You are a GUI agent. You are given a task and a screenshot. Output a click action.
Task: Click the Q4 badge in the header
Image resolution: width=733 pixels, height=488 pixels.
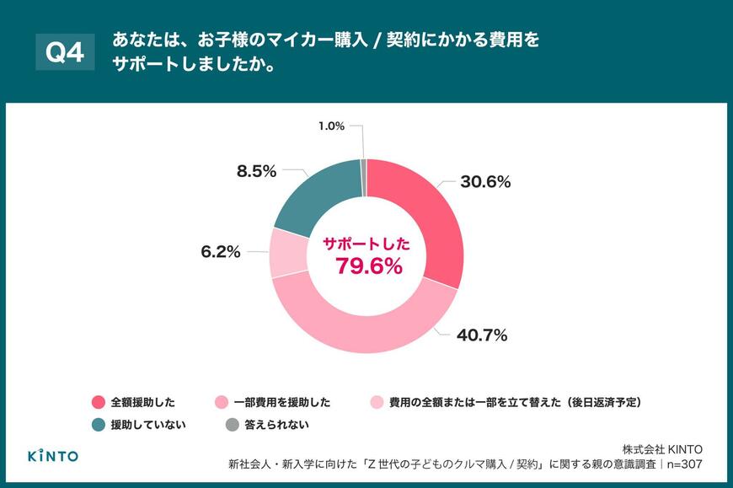click(65, 53)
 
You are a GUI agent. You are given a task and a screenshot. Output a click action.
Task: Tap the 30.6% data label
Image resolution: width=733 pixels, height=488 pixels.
click(484, 182)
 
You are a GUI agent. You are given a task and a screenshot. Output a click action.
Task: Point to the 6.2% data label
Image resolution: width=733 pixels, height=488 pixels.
click(220, 251)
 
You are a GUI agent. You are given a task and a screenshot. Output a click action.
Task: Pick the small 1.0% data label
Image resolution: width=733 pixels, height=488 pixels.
click(331, 126)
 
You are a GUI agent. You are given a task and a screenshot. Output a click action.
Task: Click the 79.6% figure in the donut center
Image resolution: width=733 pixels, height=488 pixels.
click(368, 266)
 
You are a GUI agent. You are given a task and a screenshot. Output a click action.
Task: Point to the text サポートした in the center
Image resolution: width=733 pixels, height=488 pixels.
click(367, 244)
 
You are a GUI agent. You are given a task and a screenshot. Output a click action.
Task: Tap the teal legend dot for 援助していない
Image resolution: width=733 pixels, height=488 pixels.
click(97, 426)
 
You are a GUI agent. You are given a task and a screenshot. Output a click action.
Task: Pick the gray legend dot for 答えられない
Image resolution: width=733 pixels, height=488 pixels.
click(231, 426)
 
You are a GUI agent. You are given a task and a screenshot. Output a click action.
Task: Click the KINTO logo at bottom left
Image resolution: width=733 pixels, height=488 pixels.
click(53, 455)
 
